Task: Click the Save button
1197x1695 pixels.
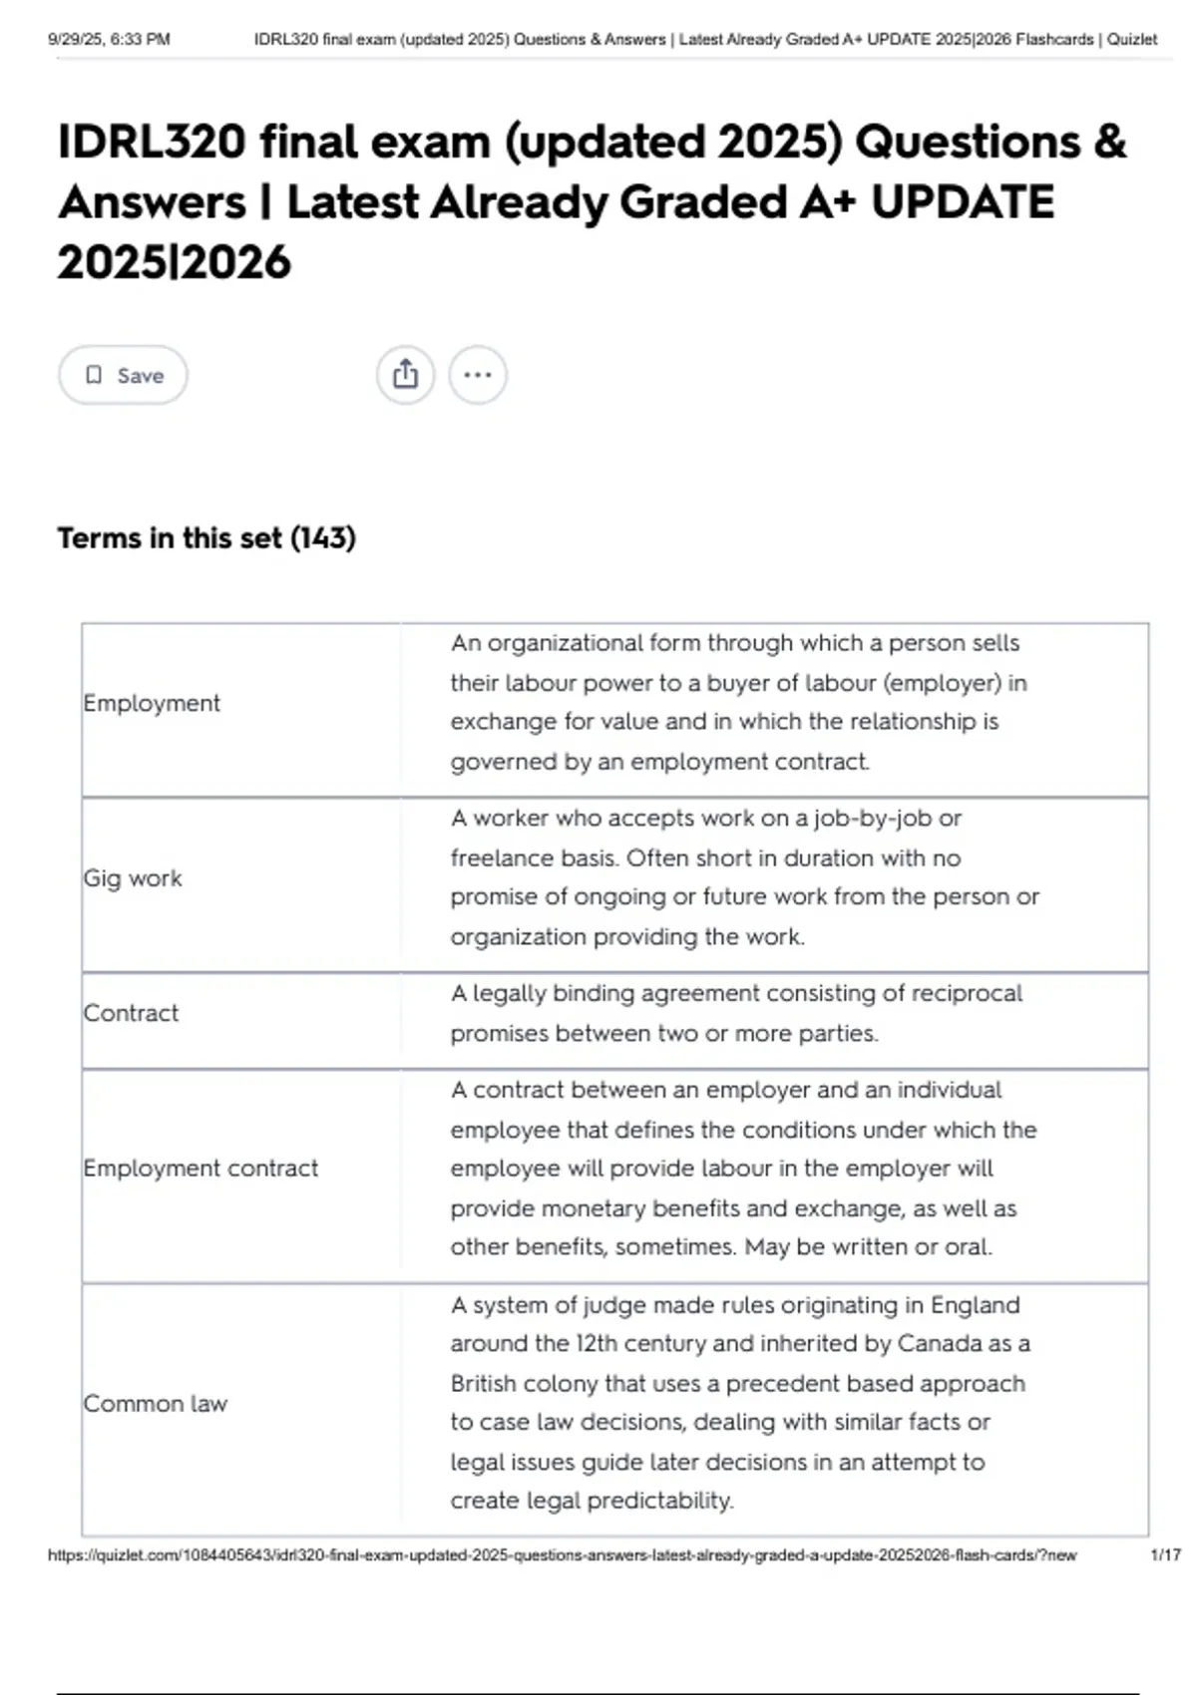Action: pos(123,375)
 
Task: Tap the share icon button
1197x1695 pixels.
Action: pos(405,375)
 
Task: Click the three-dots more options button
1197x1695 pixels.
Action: pos(478,375)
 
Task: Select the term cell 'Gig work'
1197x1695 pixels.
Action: pos(133,878)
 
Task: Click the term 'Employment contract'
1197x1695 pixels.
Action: pos(200,1168)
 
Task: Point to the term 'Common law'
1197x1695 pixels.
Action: pos(156,1403)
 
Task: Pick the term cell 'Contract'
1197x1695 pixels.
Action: pos(131,1013)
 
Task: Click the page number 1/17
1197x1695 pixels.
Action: pos(1165,1554)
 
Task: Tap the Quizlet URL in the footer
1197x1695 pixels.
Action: pos(562,1554)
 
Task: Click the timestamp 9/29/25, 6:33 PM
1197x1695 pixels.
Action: pos(109,40)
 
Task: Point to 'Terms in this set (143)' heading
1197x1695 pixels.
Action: pos(206,538)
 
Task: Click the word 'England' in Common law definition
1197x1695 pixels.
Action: pos(975,1305)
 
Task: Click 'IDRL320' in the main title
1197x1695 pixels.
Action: pos(152,142)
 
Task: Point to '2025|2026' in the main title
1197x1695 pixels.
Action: pos(174,262)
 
